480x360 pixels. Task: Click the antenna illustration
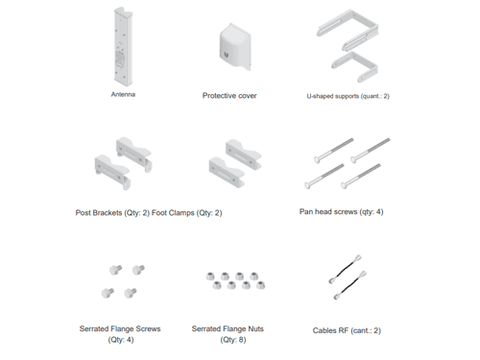(x=123, y=47)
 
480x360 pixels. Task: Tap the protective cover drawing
(x=235, y=47)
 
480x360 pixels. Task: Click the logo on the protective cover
(x=227, y=55)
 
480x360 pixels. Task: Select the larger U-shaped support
(x=348, y=30)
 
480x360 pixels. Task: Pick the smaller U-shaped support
(x=354, y=66)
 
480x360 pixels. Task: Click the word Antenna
(x=123, y=94)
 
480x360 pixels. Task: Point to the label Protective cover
(x=229, y=96)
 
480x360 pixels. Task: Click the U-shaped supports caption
(x=348, y=96)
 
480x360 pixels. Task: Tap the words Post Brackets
(x=99, y=213)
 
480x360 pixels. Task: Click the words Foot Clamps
(x=173, y=213)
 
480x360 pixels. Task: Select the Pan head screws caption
(x=341, y=212)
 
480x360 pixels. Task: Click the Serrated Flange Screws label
(x=120, y=329)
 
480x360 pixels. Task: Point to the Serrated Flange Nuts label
(x=228, y=329)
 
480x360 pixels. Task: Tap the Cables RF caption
(x=347, y=330)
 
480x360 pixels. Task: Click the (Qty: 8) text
(x=233, y=340)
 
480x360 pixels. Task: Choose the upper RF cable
(x=345, y=270)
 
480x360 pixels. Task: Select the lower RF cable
(x=349, y=285)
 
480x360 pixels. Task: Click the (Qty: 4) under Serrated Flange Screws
(x=121, y=340)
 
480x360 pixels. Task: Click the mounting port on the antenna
(x=120, y=59)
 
